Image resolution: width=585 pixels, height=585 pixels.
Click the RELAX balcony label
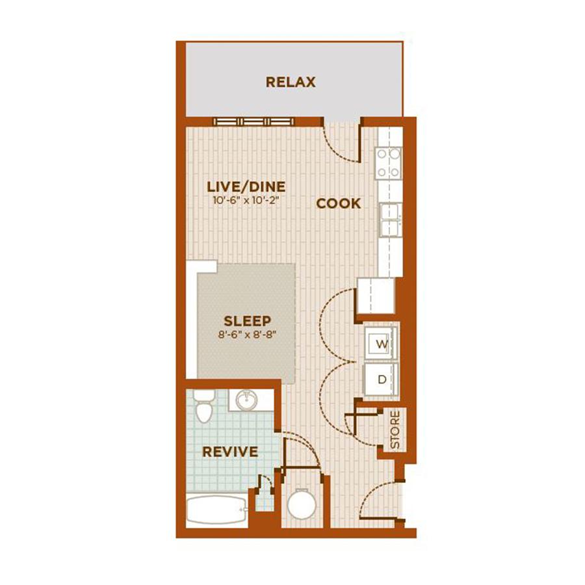coord(291,82)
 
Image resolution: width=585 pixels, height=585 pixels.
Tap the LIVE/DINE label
coord(246,187)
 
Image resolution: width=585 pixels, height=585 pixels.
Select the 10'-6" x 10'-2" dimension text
coord(246,200)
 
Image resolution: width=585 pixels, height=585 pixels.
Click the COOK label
coord(339,203)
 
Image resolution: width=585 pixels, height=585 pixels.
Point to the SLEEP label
coord(248,321)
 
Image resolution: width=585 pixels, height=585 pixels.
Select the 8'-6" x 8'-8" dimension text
coord(248,334)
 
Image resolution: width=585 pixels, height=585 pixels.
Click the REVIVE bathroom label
coord(230,452)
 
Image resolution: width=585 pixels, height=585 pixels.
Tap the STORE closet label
coord(395,430)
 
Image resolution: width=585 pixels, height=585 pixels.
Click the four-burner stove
coord(389,162)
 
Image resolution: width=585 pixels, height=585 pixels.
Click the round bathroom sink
coord(246,400)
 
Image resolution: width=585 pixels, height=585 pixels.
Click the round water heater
coord(302,504)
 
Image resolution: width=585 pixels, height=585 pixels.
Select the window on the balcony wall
coord(253,122)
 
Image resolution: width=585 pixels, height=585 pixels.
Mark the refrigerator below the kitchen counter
coord(376,296)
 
